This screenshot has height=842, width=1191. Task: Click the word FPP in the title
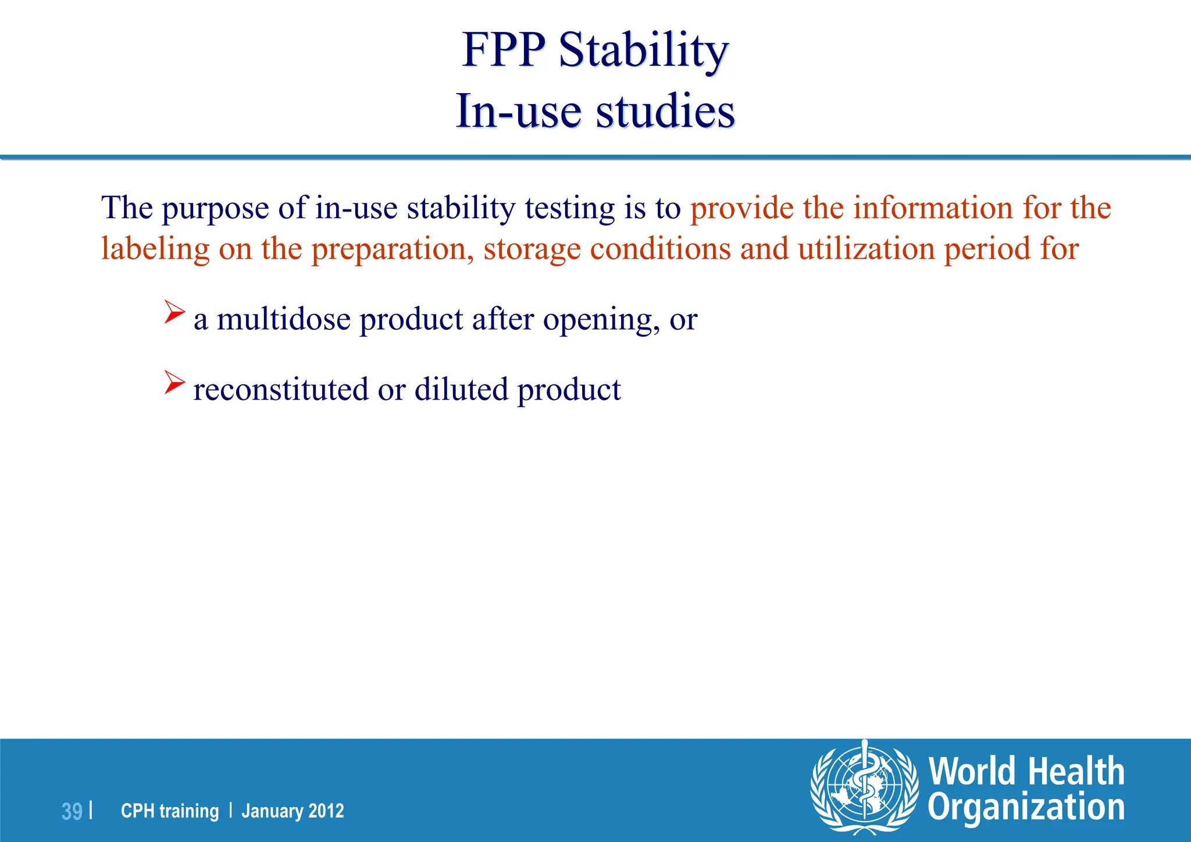(504, 51)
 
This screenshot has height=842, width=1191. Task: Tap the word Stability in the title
(643, 51)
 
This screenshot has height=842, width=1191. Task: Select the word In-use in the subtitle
(518, 111)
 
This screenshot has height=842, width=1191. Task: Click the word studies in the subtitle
(665, 111)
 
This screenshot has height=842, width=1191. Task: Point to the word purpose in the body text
(215, 208)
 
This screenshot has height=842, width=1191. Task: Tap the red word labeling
(155, 249)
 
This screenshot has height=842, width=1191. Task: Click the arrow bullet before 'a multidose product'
(174, 312)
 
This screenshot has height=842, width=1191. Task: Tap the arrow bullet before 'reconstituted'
(174, 382)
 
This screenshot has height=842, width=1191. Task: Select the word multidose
(284, 319)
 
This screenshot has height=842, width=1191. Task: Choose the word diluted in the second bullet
(461, 389)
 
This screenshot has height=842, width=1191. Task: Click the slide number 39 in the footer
(72, 811)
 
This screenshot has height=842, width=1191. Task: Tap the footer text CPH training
(170, 811)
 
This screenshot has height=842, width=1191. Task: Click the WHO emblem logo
(864, 787)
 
